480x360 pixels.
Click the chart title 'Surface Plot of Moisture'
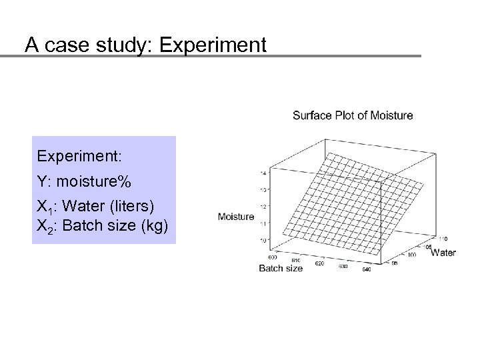pos(353,115)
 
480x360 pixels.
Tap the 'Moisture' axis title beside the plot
pos(235,216)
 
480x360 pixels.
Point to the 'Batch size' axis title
pos(281,269)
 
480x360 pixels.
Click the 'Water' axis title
pos(443,253)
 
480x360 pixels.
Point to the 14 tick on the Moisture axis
pos(264,173)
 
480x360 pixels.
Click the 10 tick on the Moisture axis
pos(264,239)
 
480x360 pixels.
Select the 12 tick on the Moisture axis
pos(264,207)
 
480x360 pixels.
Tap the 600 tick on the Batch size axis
pos(272,257)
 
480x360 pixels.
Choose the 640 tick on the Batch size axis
pos(366,270)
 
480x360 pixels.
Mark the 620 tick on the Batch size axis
pos(319,263)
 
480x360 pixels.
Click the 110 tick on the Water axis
pos(443,237)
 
